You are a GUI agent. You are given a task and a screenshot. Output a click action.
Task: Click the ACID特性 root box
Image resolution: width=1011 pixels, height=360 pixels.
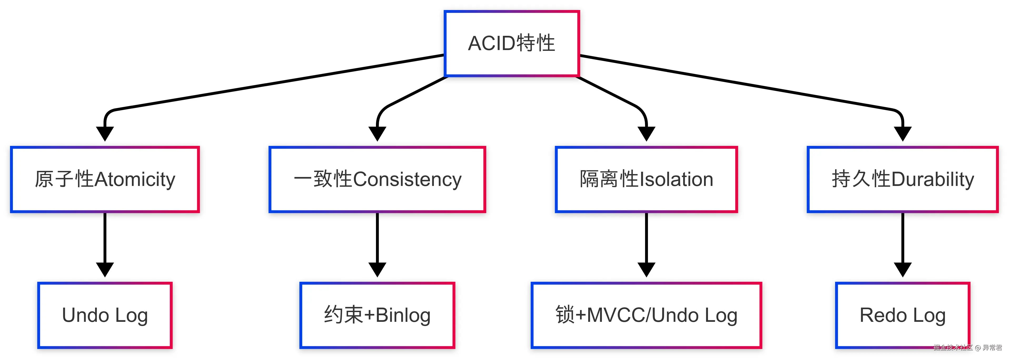tap(511, 43)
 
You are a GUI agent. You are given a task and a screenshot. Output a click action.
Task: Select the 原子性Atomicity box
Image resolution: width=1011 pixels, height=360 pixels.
tap(105, 179)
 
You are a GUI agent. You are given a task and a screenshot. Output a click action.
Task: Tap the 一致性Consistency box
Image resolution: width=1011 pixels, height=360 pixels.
tap(377, 179)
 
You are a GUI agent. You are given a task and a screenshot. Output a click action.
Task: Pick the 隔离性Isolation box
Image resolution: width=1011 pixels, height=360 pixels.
tap(646, 179)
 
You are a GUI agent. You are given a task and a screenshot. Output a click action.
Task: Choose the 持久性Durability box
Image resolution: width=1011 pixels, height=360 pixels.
tap(902, 179)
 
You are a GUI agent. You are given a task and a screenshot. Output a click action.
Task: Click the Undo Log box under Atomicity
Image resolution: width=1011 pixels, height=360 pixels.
tap(105, 315)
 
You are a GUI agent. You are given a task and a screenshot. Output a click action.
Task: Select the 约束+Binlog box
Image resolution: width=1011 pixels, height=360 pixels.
tap(377, 315)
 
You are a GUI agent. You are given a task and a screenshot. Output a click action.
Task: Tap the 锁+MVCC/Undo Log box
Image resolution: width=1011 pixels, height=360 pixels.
tap(646, 315)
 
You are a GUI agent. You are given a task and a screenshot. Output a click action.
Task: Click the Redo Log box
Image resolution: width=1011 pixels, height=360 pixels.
tap(902, 315)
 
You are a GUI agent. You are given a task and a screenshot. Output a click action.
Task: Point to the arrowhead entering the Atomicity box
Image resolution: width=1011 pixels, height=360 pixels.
tap(105, 134)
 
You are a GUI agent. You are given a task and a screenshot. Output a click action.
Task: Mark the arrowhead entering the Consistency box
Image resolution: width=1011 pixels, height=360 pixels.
tap(377, 134)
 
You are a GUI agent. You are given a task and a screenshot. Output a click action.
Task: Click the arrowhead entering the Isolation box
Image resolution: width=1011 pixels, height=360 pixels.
tap(646, 134)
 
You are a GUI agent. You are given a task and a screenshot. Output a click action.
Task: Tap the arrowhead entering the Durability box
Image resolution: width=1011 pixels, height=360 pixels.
tap(902, 134)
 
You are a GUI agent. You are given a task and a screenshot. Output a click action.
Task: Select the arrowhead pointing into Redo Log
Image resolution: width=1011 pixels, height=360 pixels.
tap(902, 269)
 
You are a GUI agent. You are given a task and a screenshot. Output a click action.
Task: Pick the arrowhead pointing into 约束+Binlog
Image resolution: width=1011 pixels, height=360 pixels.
tap(377, 269)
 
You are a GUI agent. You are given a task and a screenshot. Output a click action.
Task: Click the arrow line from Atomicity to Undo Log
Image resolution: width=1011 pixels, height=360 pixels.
tap(105, 238)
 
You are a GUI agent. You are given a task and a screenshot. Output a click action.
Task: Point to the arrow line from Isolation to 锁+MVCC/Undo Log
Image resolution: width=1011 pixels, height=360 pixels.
tap(646, 238)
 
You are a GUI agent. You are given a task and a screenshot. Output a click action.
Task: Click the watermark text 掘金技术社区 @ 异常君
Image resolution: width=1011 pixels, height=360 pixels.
tap(968, 347)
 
